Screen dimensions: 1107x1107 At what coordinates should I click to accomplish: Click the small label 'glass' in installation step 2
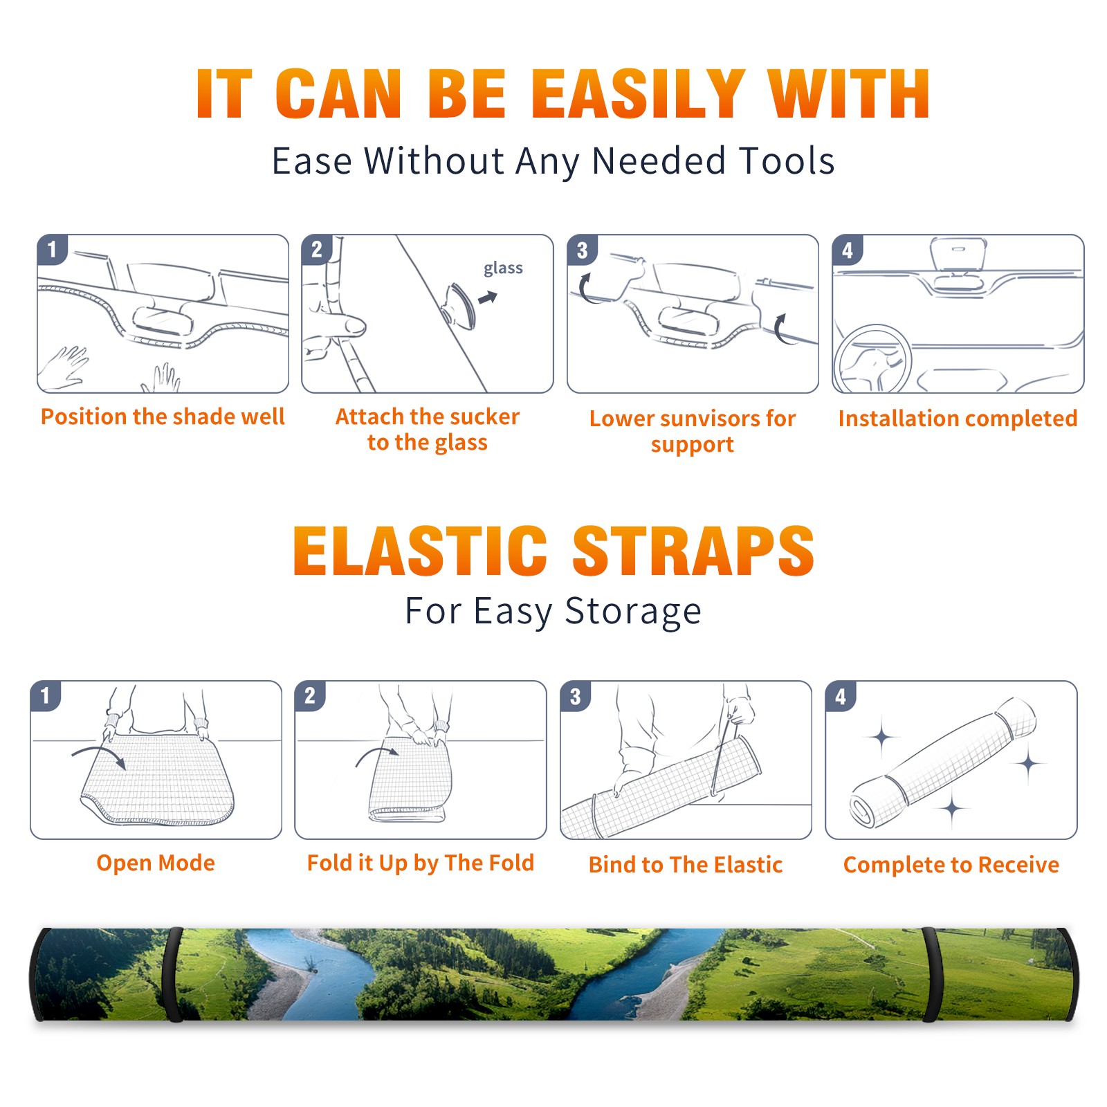coord(503,268)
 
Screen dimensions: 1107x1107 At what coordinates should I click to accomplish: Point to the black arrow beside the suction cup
coord(488,298)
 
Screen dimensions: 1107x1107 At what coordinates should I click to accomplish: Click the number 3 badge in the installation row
coord(582,250)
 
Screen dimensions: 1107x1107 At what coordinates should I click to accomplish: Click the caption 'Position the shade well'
coord(163,417)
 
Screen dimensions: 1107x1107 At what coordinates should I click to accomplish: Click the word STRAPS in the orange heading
coord(693,551)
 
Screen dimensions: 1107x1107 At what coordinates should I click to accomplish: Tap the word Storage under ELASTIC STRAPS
coord(633,612)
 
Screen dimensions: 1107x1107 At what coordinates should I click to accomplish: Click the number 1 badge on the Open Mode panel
coord(46,696)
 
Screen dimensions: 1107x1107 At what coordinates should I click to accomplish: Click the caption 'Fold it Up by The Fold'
coord(421,863)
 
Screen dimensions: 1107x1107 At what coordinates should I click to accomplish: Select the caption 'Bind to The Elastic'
coord(686,865)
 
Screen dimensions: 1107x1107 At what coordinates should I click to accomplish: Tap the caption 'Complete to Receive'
coord(951,865)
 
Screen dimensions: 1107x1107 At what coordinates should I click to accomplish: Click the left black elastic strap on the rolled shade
coord(172,975)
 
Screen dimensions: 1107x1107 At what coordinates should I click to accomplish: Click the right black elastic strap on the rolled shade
coord(931,975)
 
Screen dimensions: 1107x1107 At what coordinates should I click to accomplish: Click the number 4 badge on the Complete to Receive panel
coord(841,696)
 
